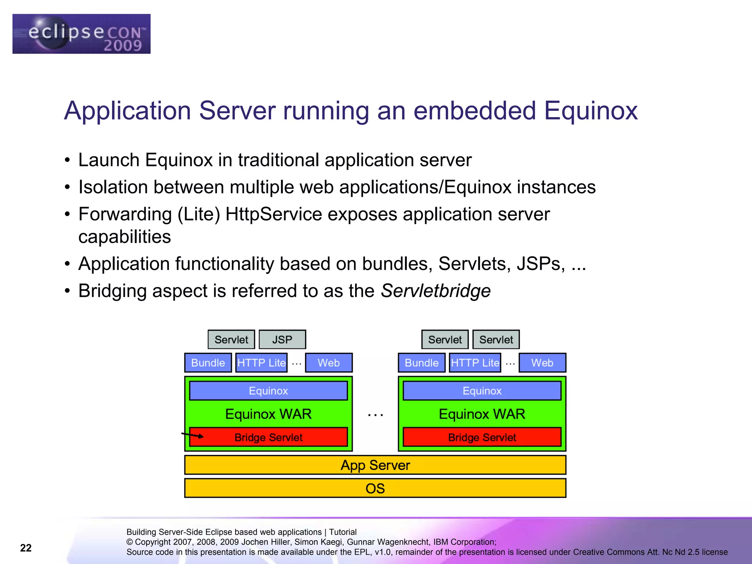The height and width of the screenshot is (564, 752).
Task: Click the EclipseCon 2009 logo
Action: (81, 34)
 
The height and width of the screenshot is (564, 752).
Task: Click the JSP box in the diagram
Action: (282, 339)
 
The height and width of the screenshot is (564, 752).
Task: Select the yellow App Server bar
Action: (375, 465)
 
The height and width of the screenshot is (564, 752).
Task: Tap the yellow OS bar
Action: (375, 488)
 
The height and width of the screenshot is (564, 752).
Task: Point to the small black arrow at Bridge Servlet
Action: (193, 435)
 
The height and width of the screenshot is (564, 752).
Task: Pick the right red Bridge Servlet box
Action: (482, 437)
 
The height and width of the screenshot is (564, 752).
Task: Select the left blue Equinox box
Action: (268, 391)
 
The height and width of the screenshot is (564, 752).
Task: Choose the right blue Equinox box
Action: (482, 391)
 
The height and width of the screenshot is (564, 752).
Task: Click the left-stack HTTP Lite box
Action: (261, 363)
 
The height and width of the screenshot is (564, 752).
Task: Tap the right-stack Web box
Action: (542, 363)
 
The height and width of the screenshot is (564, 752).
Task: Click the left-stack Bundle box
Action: (208, 363)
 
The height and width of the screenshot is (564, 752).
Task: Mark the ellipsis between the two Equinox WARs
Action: (375, 415)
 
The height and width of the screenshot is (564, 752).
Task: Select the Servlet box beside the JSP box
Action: (231, 339)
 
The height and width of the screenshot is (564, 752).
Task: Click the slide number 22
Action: (26, 548)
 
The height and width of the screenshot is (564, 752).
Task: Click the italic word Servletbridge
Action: (435, 291)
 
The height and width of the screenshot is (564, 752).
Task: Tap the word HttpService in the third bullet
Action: (273, 214)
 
